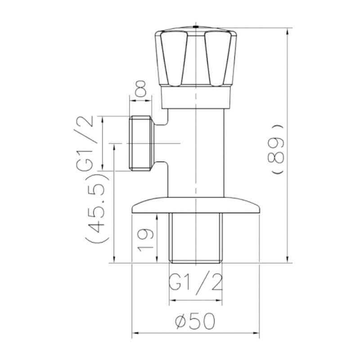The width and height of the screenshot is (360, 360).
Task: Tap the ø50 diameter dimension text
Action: [195, 321]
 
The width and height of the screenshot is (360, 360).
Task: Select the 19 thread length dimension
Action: [145, 240]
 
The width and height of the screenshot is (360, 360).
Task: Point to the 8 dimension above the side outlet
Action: [140, 88]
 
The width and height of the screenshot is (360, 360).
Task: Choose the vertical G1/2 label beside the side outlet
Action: [84, 144]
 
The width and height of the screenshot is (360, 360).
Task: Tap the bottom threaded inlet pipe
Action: [196, 238]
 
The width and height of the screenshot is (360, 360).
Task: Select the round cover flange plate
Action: [196, 205]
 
